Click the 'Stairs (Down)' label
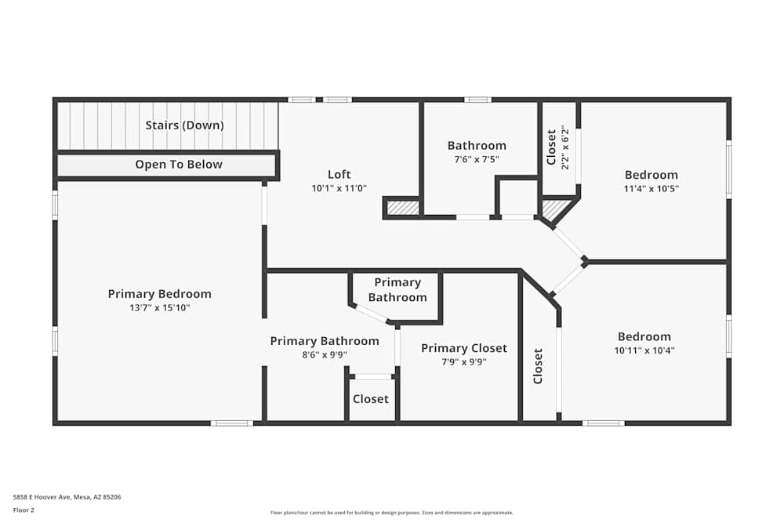click(184, 125)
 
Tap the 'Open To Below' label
click(179, 165)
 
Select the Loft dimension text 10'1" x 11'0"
click(339, 188)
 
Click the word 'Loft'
click(339, 174)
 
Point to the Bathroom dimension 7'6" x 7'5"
click(477, 159)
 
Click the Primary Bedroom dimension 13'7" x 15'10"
click(159, 308)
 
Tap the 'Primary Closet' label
click(464, 348)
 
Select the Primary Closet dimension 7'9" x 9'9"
click(464, 362)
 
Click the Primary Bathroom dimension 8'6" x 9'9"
click(325, 355)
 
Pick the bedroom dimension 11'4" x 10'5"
click(651, 189)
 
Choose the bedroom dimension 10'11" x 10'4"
click(644, 350)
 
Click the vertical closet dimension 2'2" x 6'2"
click(564, 147)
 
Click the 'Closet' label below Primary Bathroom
click(370, 399)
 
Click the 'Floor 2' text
click(24, 510)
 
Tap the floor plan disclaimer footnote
click(392, 513)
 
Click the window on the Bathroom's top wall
click(477, 100)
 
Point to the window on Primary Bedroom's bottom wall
click(232, 423)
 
